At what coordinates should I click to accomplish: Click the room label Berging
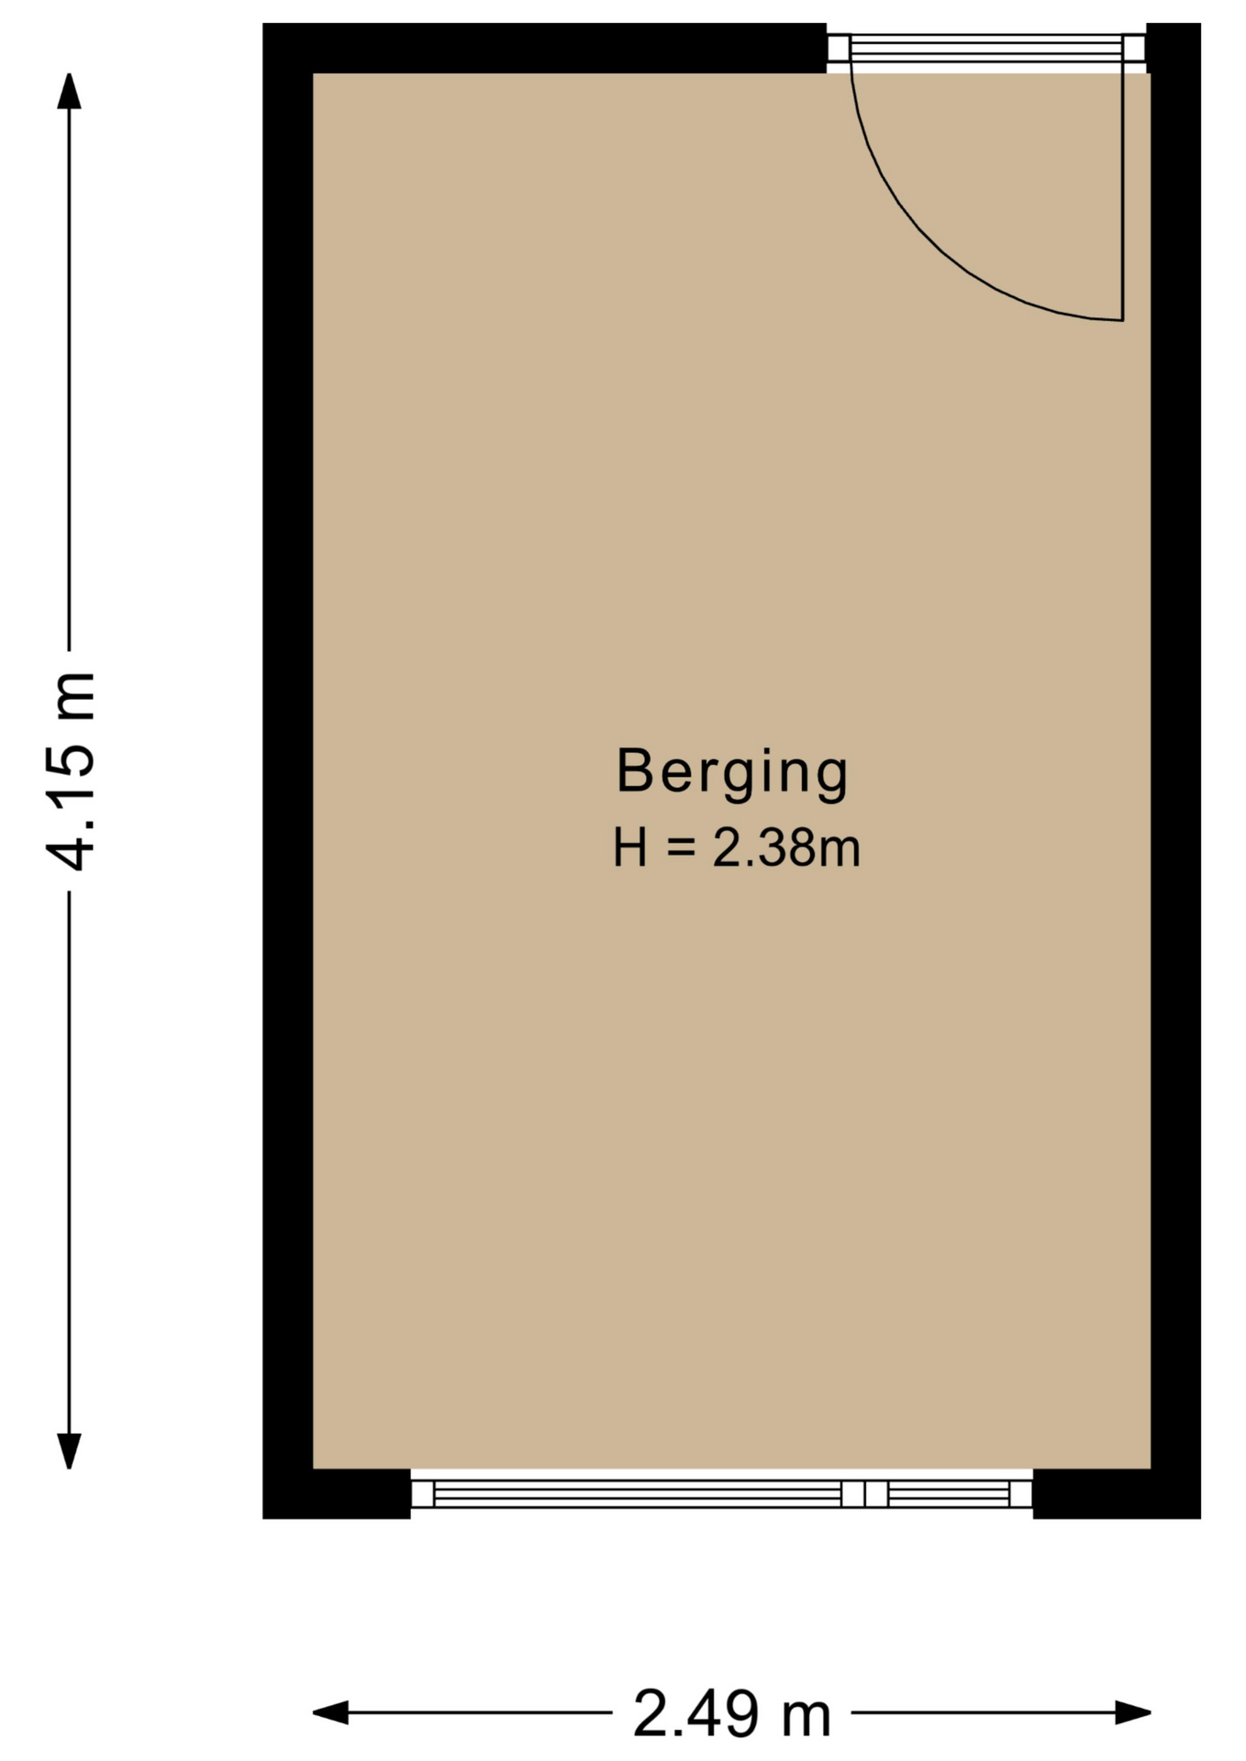tap(732, 773)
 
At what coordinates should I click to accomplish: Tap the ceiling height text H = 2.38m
tap(737, 847)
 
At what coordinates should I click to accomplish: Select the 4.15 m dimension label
tap(71, 771)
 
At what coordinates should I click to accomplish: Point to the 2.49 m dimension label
tap(731, 1713)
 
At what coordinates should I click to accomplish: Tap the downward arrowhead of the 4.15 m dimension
tap(69, 1451)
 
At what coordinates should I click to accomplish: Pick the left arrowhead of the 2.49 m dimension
tap(331, 1712)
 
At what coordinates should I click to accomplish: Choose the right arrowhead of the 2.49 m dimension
tap(1133, 1712)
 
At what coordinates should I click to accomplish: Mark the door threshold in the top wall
tap(986, 49)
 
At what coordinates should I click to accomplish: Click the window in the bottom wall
tap(721, 1494)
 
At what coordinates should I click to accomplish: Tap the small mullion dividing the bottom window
tap(864, 1494)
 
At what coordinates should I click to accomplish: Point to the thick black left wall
tap(288, 770)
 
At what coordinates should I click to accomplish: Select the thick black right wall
tap(1175, 770)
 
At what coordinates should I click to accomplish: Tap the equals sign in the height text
tap(680, 848)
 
